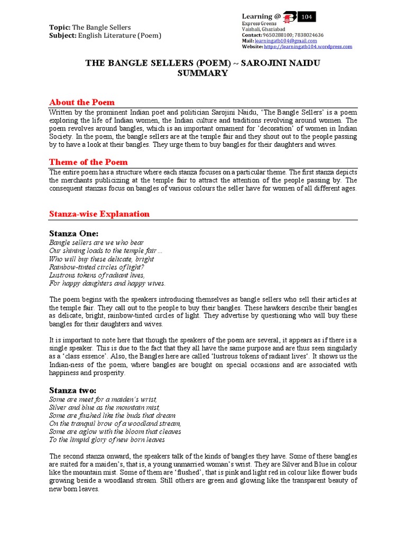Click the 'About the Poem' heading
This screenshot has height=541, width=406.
[81, 102]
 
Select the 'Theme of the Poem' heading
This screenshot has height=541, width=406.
[88, 162]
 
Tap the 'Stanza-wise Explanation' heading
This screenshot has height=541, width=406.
[99, 213]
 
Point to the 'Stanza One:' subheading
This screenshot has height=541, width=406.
[73, 234]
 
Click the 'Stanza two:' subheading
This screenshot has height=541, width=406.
[73, 390]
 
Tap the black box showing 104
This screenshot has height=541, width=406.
[307, 17]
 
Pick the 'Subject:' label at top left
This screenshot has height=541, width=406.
[63, 35]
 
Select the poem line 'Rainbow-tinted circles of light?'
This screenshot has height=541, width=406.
[97, 267]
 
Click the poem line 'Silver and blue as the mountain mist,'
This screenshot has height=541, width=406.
[104, 407]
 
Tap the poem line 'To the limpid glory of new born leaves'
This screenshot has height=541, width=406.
[107, 439]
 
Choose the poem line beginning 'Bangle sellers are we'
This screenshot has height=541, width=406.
[96, 242]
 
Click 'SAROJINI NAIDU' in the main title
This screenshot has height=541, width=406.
[280, 63]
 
